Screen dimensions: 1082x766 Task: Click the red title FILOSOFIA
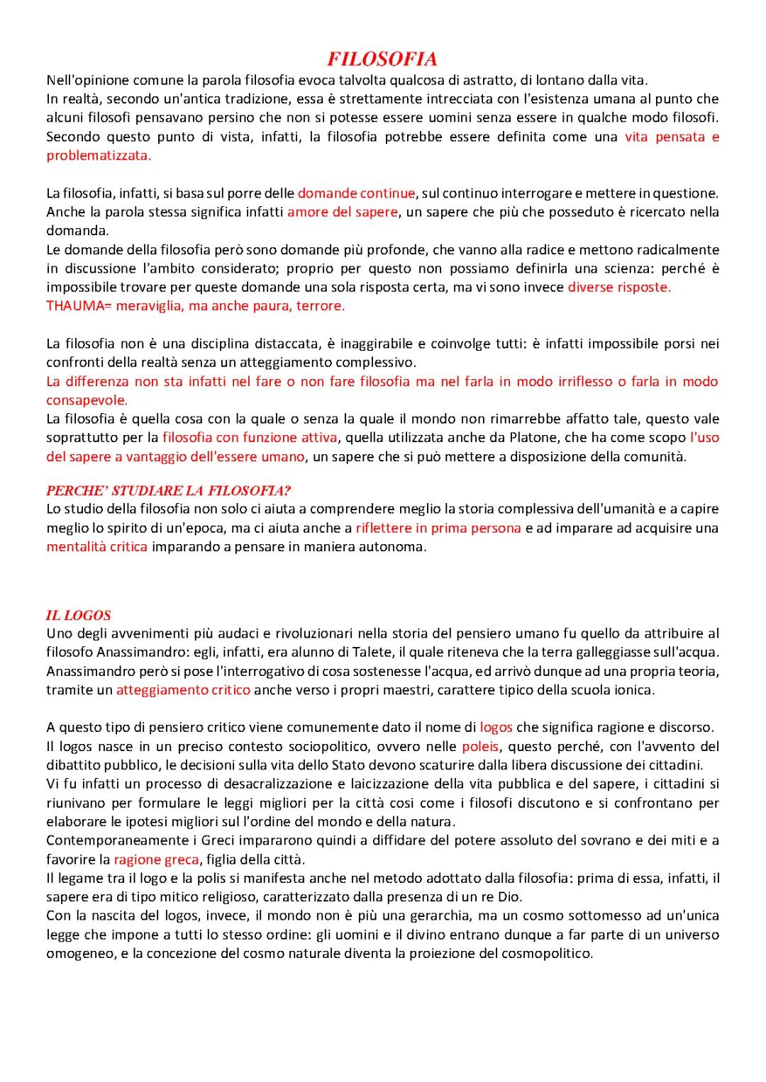click(382, 59)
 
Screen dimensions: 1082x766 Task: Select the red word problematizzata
click(99, 156)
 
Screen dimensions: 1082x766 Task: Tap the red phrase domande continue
click(356, 193)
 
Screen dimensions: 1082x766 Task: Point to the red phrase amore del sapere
click(342, 212)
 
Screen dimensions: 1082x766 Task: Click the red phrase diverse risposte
click(618, 287)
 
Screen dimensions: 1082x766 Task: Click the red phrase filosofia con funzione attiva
click(250, 438)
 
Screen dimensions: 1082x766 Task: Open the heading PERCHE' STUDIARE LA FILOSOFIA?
click(168, 490)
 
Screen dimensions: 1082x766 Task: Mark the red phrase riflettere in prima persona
click(438, 528)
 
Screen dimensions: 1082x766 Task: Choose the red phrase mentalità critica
click(97, 547)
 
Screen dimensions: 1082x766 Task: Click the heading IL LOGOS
click(78, 615)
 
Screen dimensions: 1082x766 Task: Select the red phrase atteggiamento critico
click(183, 690)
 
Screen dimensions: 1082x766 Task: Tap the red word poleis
click(480, 747)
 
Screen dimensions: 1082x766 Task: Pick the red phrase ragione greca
click(156, 860)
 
